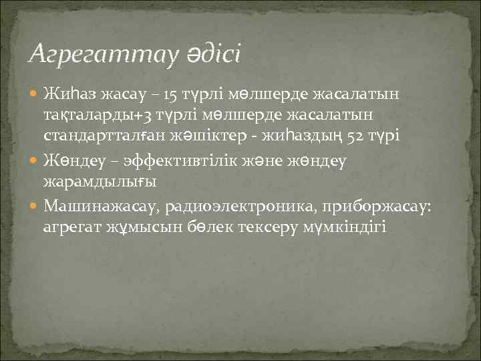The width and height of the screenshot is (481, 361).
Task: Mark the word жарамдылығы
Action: [x=90, y=181]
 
